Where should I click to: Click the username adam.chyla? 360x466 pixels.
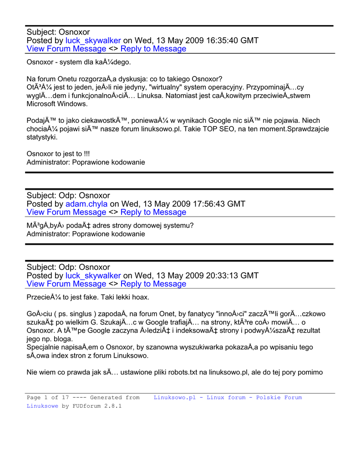click(x=86, y=204)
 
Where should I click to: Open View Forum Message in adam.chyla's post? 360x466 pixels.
click(x=66, y=212)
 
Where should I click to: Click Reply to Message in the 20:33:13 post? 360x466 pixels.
click(x=153, y=284)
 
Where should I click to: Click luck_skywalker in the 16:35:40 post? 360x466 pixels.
click(x=93, y=41)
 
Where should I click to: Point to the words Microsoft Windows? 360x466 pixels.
click(x=57, y=104)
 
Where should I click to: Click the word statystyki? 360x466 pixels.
click(x=42, y=137)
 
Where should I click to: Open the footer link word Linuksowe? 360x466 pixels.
click(x=42, y=406)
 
